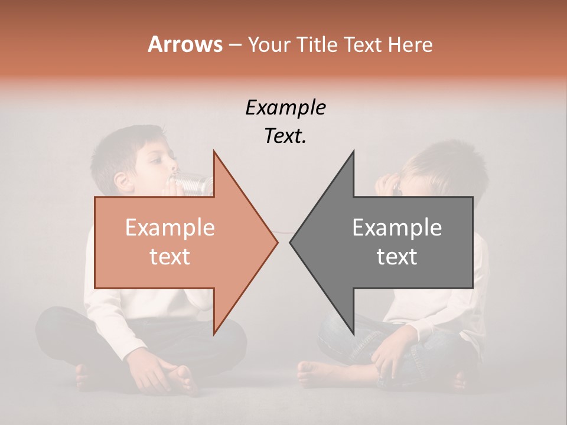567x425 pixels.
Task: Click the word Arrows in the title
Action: [x=185, y=45]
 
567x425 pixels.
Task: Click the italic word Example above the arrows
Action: [x=285, y=108]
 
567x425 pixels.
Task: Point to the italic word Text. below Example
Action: [x=285, y=136]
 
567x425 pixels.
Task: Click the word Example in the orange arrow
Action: [x=170, y=228]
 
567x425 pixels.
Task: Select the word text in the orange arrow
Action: [x=170, y=257]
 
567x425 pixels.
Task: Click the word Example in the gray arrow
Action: [x=397, y=228]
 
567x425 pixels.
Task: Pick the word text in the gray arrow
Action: [x=397, y=257]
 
